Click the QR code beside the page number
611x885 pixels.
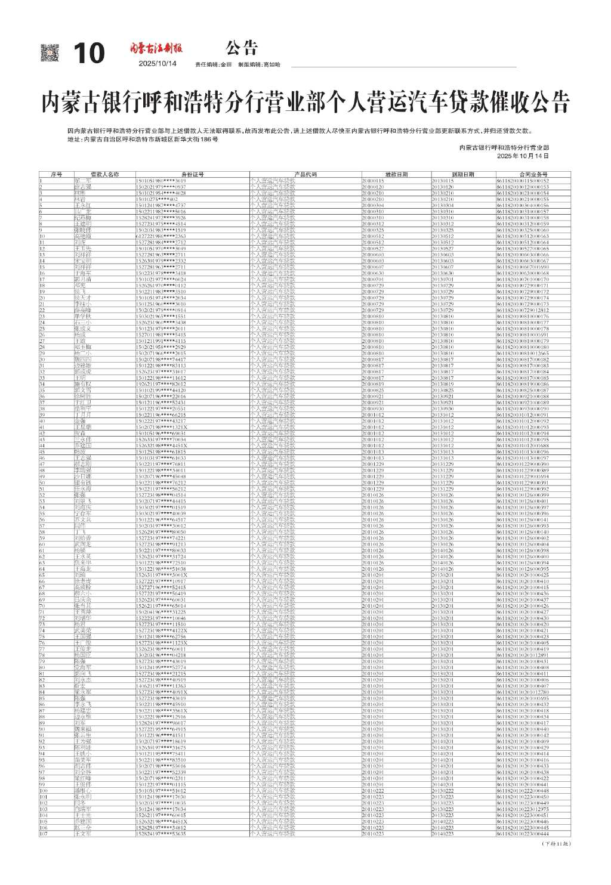tap(50, 53)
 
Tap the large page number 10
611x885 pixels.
tap(89, 54)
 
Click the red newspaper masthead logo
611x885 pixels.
tap(157, 48)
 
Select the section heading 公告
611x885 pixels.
tap(242, 48)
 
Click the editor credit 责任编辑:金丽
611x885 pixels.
tap(214, 64)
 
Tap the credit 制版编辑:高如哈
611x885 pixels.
tap(258, 64)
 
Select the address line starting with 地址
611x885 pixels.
tap(143, 139)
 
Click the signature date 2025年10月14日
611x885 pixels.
tap(523, 156)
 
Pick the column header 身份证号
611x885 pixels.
tap(192, 175)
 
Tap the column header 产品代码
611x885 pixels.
tap(305, 175)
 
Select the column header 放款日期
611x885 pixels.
tap(396, 175)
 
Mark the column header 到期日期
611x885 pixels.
tap(463, 175)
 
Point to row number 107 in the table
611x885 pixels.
tap(44, 834)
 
